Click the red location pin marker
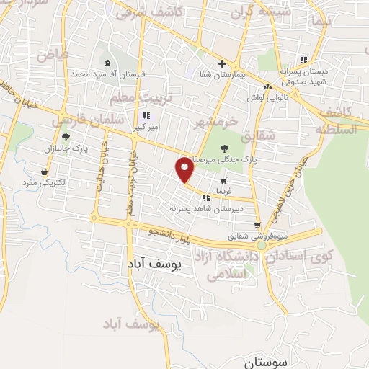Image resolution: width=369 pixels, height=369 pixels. click(186, 169)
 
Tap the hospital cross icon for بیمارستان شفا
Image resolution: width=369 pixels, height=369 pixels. click(223, 64)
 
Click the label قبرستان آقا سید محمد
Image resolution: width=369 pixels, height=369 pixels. click(107, 74)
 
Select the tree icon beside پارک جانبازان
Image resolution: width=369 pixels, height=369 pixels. click(66, 137)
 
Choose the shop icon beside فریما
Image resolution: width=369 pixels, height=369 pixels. click(223, 180)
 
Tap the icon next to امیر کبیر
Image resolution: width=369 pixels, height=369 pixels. click(146, 115)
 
